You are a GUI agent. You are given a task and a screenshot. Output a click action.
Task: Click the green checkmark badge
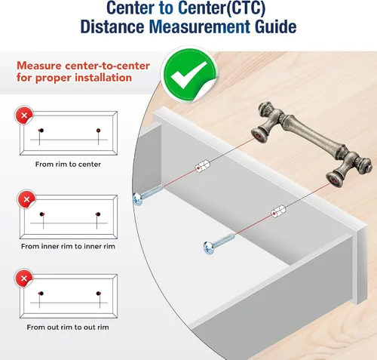(x=190, y=73)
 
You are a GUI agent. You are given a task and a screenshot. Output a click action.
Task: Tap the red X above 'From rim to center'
(x=24, y=115)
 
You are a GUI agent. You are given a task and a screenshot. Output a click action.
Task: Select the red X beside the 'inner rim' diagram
(x=26, y=199)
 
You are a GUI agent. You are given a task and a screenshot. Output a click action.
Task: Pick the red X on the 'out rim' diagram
(x=24, y=278)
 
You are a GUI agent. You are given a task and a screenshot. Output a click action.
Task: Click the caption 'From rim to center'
(x=68, y=165)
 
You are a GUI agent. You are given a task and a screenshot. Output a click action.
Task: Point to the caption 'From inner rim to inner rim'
(x=68, y=246)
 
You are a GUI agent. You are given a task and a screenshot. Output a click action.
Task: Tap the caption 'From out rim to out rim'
(x=68, y=328)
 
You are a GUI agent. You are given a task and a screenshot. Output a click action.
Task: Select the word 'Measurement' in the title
(x=200, y=26)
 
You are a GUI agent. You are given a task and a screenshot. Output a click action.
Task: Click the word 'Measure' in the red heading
(x=39, y=66)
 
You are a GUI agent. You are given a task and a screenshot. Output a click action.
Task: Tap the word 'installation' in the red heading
(x=103, y=78)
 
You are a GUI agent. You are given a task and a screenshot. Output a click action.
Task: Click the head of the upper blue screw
(x=138, y=199)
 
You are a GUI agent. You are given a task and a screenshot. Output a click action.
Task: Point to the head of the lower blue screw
(x=208, y=248)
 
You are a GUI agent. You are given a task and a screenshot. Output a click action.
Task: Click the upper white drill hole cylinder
(x=203, y=166)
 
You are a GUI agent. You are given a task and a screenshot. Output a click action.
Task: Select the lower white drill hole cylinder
(x=278, y=211)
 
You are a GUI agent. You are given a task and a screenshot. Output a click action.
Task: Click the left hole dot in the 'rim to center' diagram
(x=41, y=131)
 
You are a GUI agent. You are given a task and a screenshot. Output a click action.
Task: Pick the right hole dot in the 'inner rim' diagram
(x=98, y=214)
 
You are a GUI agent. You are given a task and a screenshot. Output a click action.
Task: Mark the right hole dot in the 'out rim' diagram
(x=98, y=294)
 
